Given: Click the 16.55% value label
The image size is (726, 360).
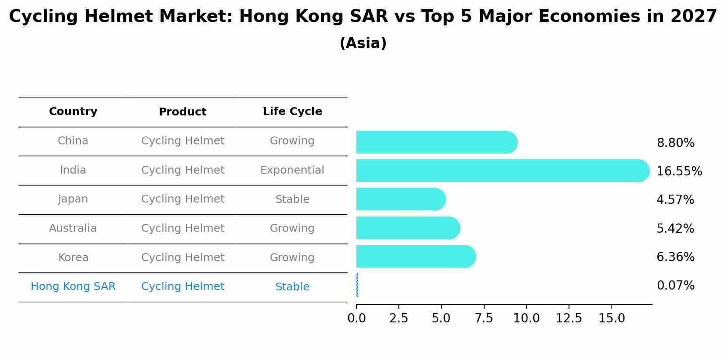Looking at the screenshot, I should point(679,171).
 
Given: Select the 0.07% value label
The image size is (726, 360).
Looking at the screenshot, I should point(675,286).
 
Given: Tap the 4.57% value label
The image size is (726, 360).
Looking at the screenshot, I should point(675,200).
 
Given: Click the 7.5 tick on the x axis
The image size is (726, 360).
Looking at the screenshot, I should point(484,318).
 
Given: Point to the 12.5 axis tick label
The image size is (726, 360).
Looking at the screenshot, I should point(569,318).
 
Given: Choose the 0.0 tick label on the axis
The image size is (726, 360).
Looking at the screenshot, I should point(356,318).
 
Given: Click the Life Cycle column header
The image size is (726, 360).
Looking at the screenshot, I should point(292,112).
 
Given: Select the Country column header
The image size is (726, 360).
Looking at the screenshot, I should point(73,112).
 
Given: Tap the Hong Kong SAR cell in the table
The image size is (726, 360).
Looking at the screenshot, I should point(73,287).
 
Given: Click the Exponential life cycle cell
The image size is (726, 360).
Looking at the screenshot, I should point(292,170).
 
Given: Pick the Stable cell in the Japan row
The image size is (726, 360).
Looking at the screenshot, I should point(292,199).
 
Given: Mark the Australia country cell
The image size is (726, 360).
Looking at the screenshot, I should point(73,228).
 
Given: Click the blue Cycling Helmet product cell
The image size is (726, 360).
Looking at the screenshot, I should point(183,287).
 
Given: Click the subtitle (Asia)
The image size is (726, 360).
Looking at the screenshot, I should point(363,43).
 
